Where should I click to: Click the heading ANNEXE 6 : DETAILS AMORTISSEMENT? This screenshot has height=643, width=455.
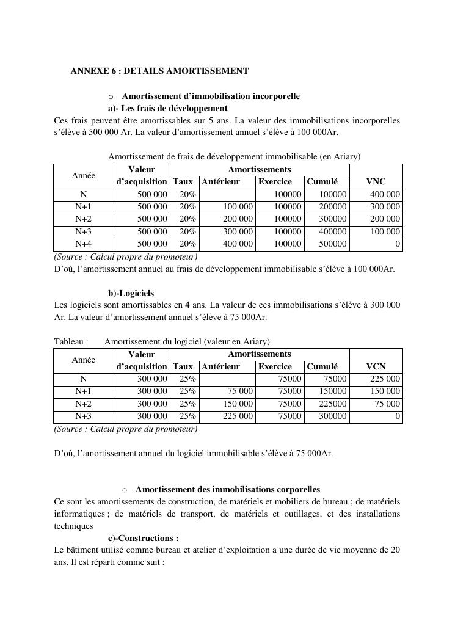(159, 71)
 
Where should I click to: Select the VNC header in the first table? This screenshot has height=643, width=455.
(376, 182)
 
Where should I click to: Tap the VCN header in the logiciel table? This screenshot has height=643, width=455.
(376, 366)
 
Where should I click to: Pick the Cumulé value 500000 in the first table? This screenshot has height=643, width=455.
(333, 244)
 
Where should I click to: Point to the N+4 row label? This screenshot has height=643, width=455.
(84, 244)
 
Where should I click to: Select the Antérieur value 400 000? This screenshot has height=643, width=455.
(238, 244)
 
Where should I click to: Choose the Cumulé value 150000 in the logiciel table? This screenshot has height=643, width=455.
(333, 391)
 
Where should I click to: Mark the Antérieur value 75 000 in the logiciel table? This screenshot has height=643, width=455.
(240, 391)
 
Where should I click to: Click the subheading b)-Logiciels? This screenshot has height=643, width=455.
(131, 293)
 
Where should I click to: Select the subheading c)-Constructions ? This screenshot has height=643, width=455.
(143, 538)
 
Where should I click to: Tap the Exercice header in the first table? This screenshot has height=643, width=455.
(275, 182)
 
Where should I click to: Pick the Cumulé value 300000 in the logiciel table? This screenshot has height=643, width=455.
(333, 416)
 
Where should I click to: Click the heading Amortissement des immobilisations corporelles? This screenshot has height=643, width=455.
(227, 489)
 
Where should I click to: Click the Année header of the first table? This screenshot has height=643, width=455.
(84, 175)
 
